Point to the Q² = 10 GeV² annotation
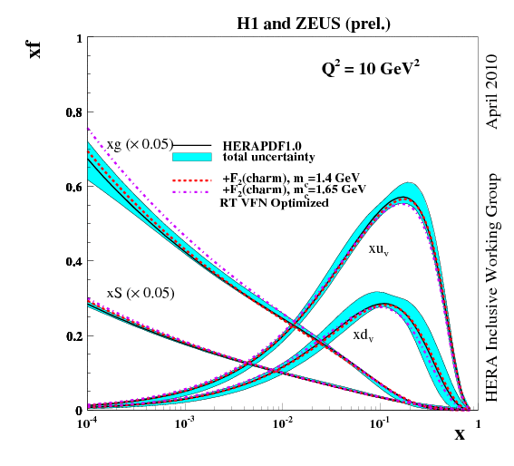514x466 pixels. click(x=365, y=68)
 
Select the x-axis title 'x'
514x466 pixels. click(x=460, y=434)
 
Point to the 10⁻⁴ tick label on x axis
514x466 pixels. click(x=87, y=423)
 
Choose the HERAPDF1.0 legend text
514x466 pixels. click(x=262, y=145)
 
